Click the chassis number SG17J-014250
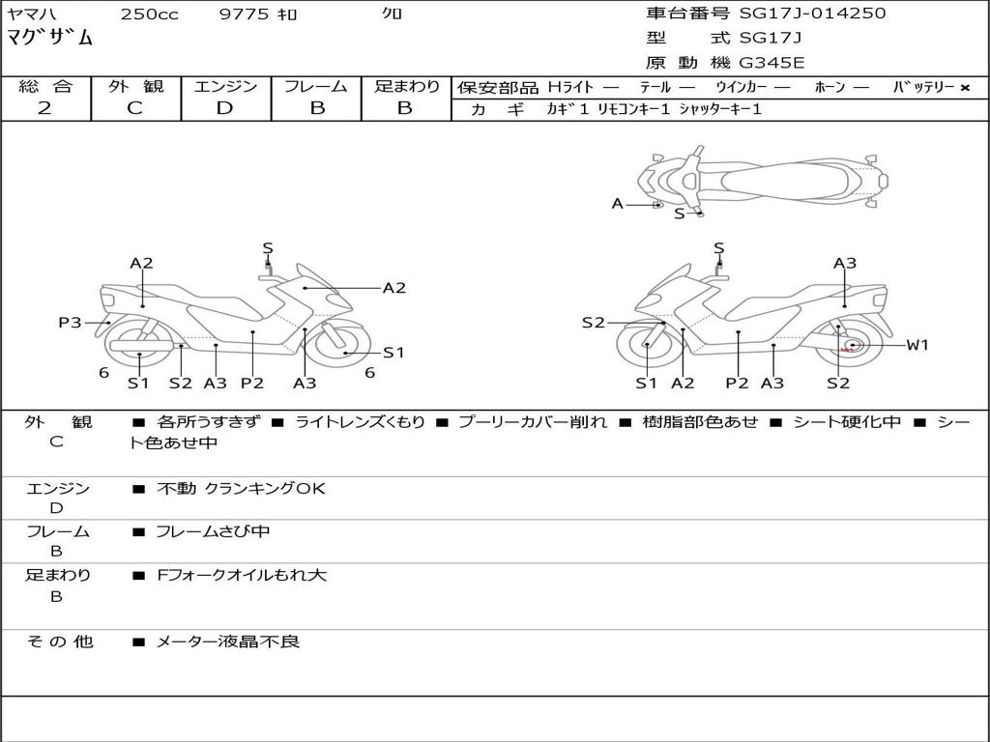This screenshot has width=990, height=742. [x=812, y=14]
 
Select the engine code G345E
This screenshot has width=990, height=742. [x=772, y=63]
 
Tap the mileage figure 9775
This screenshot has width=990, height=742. [x=247, y=14]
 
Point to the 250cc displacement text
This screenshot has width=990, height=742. [x=149, y=14]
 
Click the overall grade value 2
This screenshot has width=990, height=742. [x=44, y=108]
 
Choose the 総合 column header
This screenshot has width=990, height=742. [x=45, y=86]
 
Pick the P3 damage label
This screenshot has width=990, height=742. [x=70, y=323]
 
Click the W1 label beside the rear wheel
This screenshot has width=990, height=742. [x=917, y=345]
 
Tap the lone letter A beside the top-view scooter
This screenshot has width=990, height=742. [x=617, y=204]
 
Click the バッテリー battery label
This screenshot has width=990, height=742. [x=924, y=87]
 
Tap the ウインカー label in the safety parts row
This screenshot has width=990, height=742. [x=740, y=87]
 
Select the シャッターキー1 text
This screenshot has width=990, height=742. [x=719, y=109]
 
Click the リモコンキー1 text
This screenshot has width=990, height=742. [x=633, y=109]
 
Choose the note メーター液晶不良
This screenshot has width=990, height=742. [x=228, y=642]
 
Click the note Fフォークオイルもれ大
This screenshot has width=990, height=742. [x=242, y=575]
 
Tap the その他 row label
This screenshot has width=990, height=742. [x=58, y=642]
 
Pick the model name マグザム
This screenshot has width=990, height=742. [x=50, y=38]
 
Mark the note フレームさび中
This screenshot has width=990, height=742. [x=213, y=531]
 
